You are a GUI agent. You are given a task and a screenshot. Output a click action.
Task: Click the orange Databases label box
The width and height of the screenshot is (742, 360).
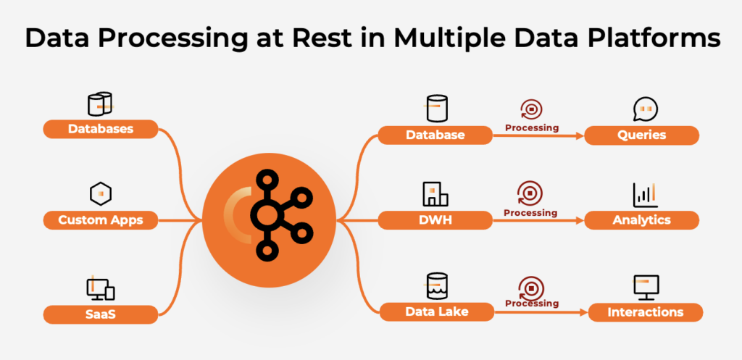101,129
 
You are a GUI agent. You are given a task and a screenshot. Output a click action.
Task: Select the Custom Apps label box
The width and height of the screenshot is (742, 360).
101,219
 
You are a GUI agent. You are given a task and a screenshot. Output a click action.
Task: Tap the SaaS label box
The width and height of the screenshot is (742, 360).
101,314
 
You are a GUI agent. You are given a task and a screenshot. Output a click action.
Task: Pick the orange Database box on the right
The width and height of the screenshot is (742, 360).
435,135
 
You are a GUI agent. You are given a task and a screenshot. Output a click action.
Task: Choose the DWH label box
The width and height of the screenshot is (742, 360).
435,219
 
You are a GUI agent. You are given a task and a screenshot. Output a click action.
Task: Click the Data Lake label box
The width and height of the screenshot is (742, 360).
435,311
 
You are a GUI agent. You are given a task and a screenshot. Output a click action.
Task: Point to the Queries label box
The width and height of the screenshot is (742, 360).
641,135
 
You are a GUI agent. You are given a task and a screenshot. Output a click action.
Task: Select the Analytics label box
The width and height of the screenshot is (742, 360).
641,219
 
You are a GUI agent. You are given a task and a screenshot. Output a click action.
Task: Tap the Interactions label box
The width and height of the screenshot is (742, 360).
645,312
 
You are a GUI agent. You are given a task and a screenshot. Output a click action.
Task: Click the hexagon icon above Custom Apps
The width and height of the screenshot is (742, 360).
101,193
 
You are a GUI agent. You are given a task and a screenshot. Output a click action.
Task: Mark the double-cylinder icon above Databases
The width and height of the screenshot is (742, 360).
100,104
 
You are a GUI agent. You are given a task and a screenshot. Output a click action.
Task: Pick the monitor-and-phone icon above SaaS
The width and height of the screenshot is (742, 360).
101,288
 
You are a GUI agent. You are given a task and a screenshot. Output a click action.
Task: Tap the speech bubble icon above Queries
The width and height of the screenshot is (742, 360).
644,109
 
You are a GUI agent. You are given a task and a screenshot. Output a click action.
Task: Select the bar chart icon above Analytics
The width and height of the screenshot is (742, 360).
644,194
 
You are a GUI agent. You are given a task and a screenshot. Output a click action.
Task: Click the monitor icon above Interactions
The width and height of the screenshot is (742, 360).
645,287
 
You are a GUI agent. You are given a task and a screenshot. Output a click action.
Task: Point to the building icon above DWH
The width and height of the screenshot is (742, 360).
435,193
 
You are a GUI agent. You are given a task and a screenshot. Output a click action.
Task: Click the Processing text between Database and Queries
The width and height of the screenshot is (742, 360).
531,128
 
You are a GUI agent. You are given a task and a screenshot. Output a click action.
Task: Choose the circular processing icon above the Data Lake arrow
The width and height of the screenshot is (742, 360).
531,286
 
